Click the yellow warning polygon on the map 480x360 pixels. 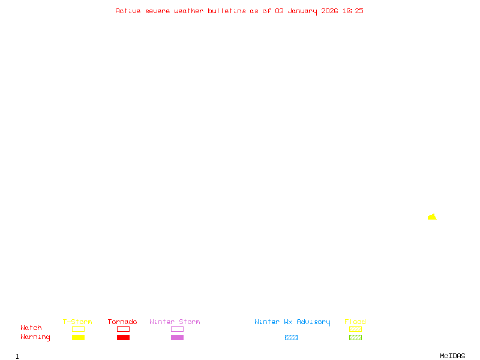tap(432, 217)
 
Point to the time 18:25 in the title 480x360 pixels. tap(353, 11)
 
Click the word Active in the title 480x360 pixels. tap(128, 11)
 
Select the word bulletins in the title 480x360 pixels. tap(227, 11)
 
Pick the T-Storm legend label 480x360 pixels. tap(77, 322)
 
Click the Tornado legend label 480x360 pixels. tap(122, 322)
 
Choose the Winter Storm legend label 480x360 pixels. tap(175, 322)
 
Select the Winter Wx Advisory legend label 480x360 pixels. tap(292, 322)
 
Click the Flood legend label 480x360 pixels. tap(355, 322)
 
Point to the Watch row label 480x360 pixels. tap(31, 328)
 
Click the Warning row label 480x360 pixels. tap(35, 337)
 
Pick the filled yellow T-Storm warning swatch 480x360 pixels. tap(78, 338)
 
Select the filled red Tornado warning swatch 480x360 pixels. tap(123, 338)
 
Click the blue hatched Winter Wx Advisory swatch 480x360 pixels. tap(291, 338)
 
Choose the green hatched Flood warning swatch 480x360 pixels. tap(355, 338)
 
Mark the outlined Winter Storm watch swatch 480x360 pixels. tap(177, 329)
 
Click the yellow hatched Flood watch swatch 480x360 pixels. tap(355, 329)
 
